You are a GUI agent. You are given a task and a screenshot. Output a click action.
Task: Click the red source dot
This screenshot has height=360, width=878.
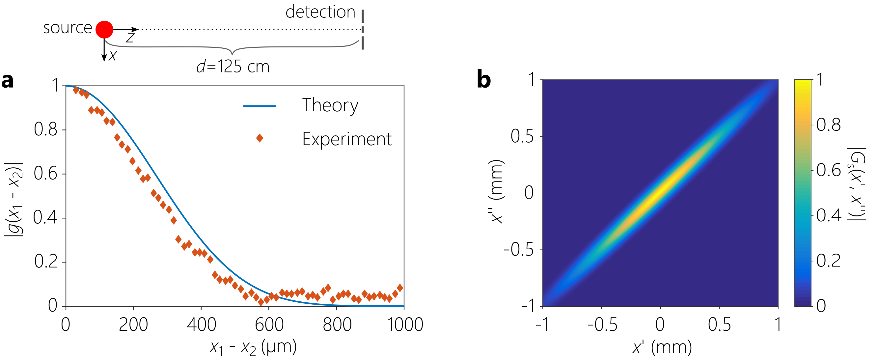[x=104, y=30]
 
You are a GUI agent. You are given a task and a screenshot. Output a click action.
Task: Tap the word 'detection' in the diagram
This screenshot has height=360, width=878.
[x=320, y=12]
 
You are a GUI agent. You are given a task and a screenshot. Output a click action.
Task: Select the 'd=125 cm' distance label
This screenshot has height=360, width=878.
[x=233, y=67]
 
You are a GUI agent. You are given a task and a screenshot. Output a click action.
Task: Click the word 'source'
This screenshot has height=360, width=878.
[x=68, y=28]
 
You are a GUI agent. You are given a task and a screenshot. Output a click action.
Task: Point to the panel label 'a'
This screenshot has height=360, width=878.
[x=8, y=80]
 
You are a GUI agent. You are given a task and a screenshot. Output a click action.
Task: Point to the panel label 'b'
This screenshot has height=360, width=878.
[x=484, y=80]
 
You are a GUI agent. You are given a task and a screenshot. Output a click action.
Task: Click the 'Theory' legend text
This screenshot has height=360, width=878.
[x=330, y=105]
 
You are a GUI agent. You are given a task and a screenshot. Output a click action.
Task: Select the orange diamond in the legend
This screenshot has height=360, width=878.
[x=260, y=138]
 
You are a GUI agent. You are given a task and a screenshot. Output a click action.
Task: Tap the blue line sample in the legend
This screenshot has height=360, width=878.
[x=260, y=106]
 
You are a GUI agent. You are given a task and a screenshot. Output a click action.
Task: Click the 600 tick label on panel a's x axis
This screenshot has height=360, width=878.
[x=269, y=324]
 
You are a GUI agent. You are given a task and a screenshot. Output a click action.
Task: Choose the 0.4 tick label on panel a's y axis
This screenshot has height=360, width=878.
[x=45, y=217]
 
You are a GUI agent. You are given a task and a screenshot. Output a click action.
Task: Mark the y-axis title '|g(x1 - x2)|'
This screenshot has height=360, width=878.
[x=14, y=199]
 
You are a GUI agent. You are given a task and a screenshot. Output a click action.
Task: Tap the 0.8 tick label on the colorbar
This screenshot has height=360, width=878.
[x=829, y=125]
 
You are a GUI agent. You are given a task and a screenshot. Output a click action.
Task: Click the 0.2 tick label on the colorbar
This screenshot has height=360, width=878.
[x=829, y=261]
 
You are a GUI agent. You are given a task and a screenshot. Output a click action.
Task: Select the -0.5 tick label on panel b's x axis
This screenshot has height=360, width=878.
[x=602, y=324]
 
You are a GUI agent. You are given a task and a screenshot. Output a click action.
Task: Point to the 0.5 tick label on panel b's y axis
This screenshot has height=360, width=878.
[x=522, y=136]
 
